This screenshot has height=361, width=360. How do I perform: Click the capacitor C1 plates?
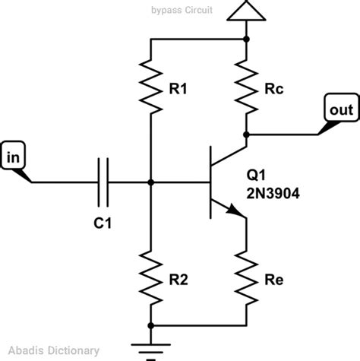[104, 182]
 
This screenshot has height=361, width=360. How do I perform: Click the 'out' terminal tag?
[340, 109]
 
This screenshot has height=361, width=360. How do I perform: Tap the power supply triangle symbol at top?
[247, 11]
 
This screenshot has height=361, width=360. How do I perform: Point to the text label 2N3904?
[272, 194]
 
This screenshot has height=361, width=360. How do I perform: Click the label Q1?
[257, 173]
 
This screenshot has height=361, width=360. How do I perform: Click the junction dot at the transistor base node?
[150, 182]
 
